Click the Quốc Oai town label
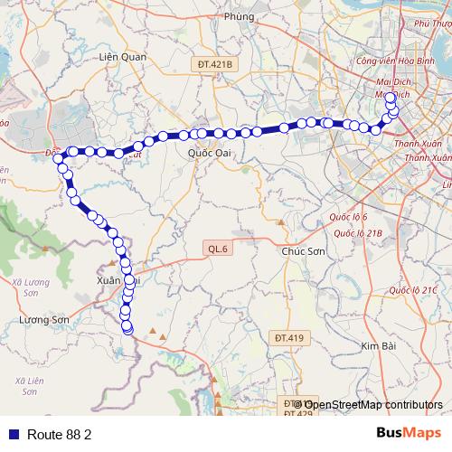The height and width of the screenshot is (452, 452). tap(210, 153)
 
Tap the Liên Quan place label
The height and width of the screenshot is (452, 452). tap(121, 56)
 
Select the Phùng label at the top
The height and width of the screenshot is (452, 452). tap(239, 16)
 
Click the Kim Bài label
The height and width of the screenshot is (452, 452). tap(380, 346)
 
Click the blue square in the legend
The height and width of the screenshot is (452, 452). tap(11, 434)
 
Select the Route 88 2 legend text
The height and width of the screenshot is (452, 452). tap(60, 434)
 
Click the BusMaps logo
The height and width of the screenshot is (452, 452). tap(409, 433)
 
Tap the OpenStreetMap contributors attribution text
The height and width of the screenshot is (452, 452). tap(380, 404)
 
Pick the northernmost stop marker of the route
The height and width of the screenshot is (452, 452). tap(390, 98)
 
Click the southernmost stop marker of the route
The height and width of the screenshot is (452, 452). tap(127, 330)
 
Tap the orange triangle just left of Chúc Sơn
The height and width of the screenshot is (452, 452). tap(281, 222)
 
